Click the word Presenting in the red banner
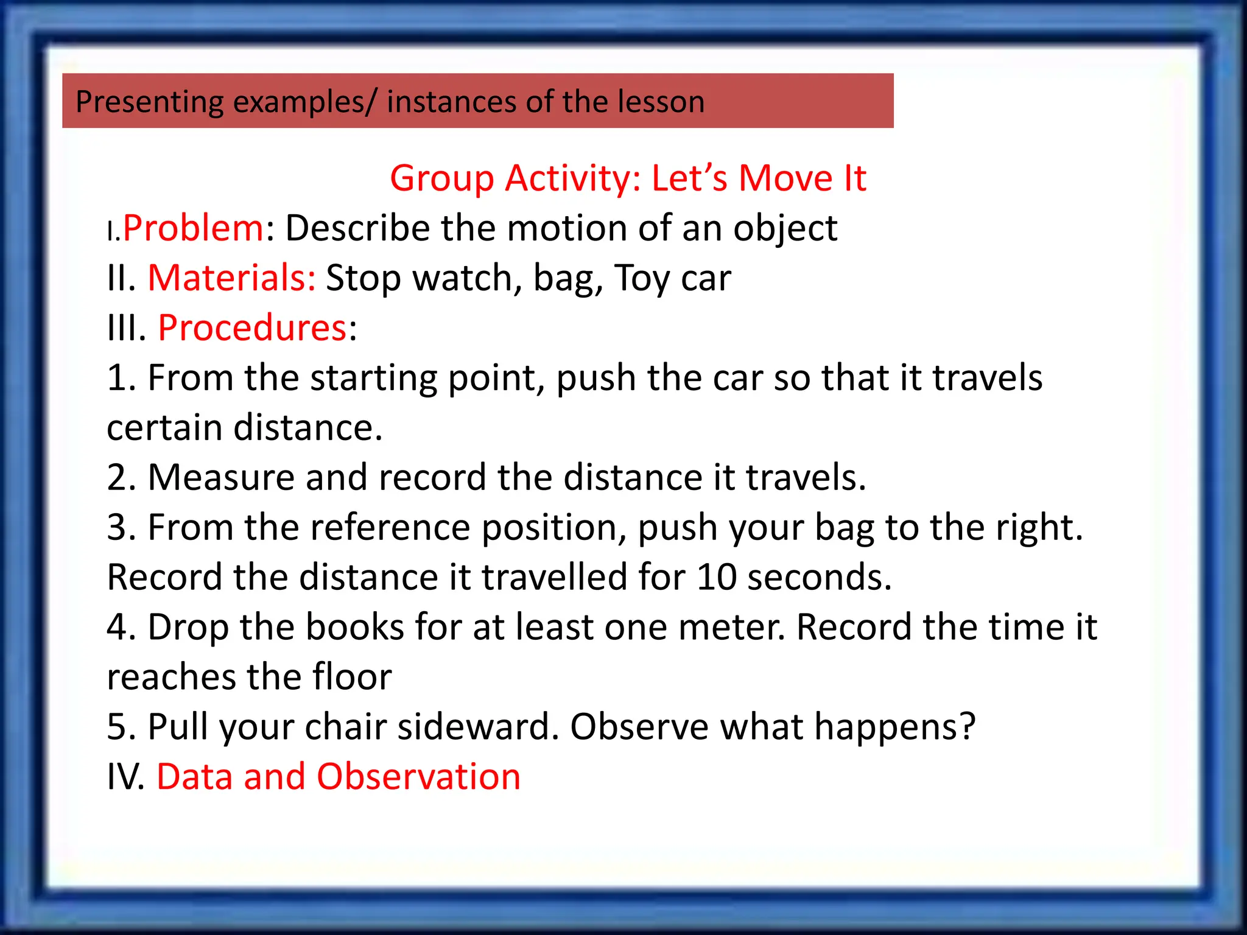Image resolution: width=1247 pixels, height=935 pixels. click(x=149, y=102)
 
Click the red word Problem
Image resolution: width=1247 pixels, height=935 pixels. click(x=193, y=228)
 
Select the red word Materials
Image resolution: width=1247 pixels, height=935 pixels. click(x=231, y=278)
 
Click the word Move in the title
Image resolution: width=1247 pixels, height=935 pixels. click(x=785, y=178)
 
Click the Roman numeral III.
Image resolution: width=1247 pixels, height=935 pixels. click(x=127, y=328)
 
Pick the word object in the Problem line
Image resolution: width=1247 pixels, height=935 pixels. click(x=785, y=228)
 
